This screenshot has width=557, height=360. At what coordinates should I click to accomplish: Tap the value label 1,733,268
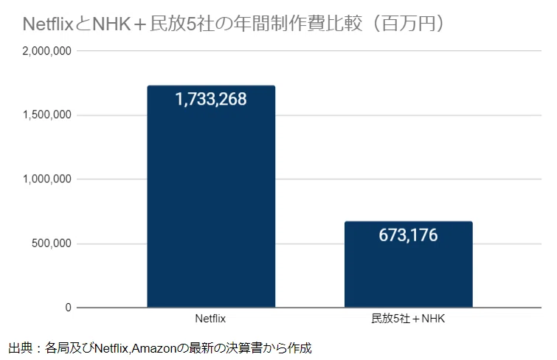pos(211,99)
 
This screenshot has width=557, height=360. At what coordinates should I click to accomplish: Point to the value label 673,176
pos(408,235)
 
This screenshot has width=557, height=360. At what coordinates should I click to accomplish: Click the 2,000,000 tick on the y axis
pos(46,51)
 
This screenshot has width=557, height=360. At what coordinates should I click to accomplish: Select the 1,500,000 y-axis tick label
pos(46,115)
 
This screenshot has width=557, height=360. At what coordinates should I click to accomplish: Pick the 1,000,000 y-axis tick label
pos(46,179)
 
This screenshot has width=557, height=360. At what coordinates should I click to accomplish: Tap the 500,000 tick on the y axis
pos(52,243)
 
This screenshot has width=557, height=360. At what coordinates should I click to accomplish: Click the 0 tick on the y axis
pos(68,308)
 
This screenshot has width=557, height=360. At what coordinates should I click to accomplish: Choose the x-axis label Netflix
pos(211,320)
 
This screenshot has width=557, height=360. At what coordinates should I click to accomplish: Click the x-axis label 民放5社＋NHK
pos(408,320)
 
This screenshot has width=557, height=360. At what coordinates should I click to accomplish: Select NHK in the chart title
pos(110,24)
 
